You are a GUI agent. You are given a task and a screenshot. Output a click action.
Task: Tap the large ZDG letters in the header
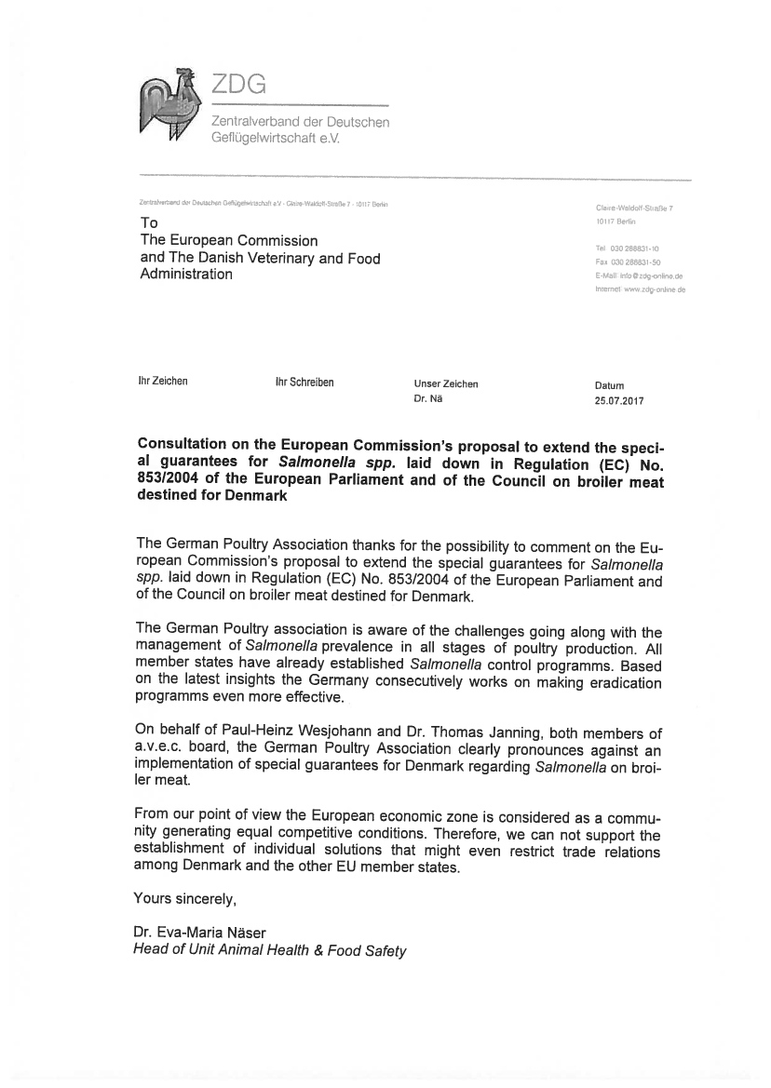[x=238, y=85]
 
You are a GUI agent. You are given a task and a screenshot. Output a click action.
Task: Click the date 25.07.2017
[x=618, y=402]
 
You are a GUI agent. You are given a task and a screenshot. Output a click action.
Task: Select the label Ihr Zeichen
[x=162, y=382]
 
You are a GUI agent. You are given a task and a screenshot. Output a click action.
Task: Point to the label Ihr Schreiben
[x=304, y=382]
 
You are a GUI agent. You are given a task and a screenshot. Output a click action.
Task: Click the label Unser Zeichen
[x=446, y=383]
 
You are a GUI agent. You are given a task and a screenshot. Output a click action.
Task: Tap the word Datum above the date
[x=609, y=385]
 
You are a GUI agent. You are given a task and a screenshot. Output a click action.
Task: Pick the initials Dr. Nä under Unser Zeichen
[x=428, y=399]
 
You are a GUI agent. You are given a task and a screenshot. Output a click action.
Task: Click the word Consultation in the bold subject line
[x=185, y=444]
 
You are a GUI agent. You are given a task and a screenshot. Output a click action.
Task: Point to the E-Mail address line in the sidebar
[x=640, y=276]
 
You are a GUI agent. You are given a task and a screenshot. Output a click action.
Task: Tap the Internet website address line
[x=640, y=289]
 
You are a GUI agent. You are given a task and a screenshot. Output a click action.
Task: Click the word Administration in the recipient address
[x=186, y=275]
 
